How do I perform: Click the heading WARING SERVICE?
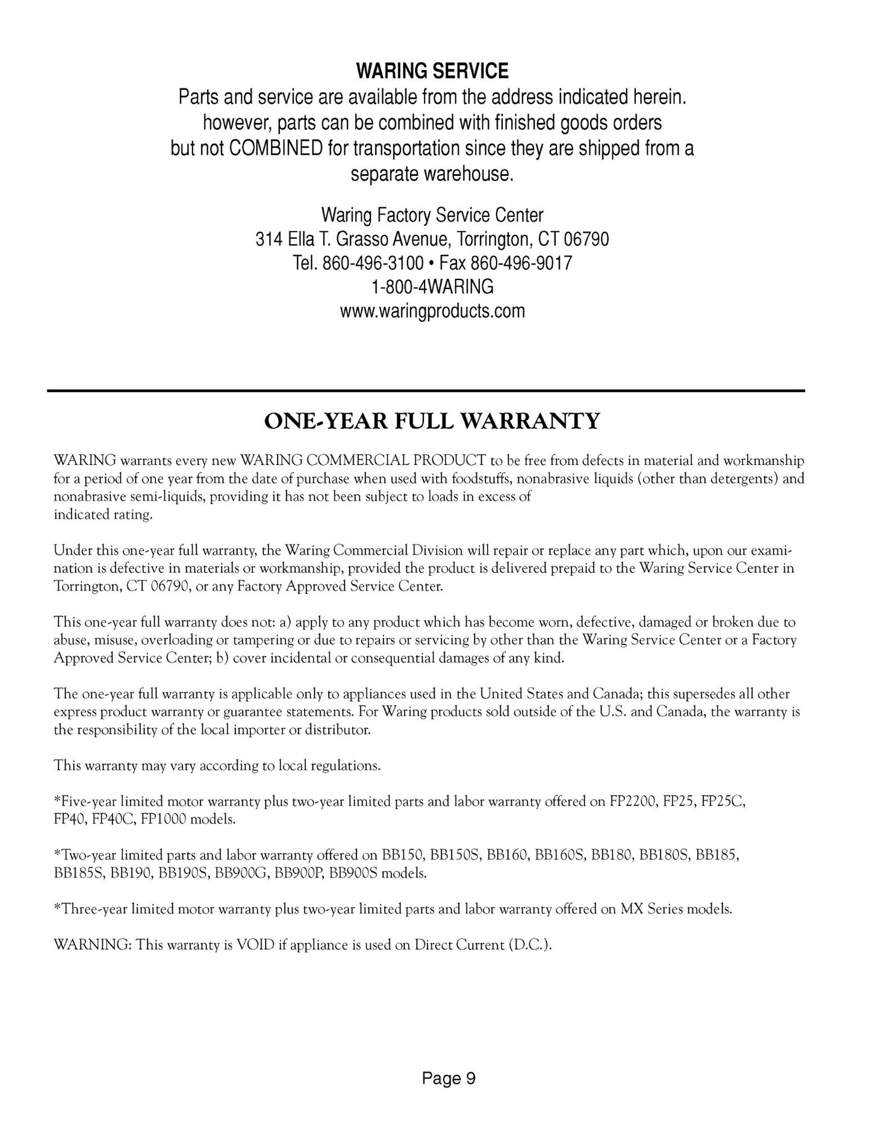coord(432,72)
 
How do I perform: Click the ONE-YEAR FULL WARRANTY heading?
coord(432,421)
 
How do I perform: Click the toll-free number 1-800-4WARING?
coord(432,287)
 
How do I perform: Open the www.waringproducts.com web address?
coord(432,311)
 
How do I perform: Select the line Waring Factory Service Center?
coord(432,215)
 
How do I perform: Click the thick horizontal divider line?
coord(426,391)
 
